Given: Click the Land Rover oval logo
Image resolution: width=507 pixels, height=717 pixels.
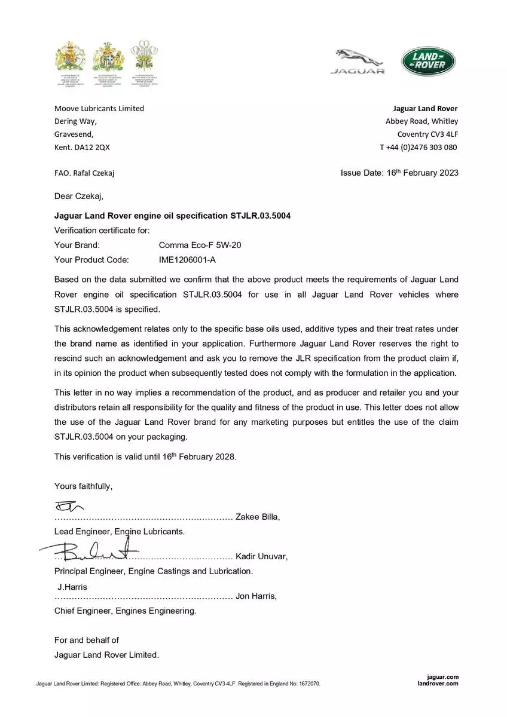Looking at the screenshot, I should point(428,62).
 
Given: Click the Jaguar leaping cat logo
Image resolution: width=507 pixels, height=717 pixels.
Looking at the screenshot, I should point(358,62).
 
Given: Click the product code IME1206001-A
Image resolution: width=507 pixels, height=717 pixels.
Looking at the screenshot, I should point(187,259).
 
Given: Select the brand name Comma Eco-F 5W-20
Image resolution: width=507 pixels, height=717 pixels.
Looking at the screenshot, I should point(200,245).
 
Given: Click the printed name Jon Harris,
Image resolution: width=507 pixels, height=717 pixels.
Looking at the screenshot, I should point(256,596).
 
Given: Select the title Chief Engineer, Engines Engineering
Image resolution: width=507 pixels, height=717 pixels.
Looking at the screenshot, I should point(125,611).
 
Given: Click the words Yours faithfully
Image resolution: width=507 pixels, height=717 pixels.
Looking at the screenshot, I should point(83,486).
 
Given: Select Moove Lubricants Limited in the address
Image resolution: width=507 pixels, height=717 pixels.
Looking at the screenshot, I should point(99,108).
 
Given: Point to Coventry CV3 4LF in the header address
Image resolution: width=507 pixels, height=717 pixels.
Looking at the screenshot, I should point(427,134).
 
